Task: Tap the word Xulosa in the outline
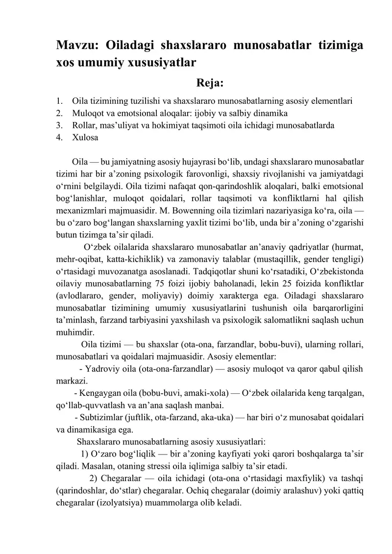click(x=85, y=138)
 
